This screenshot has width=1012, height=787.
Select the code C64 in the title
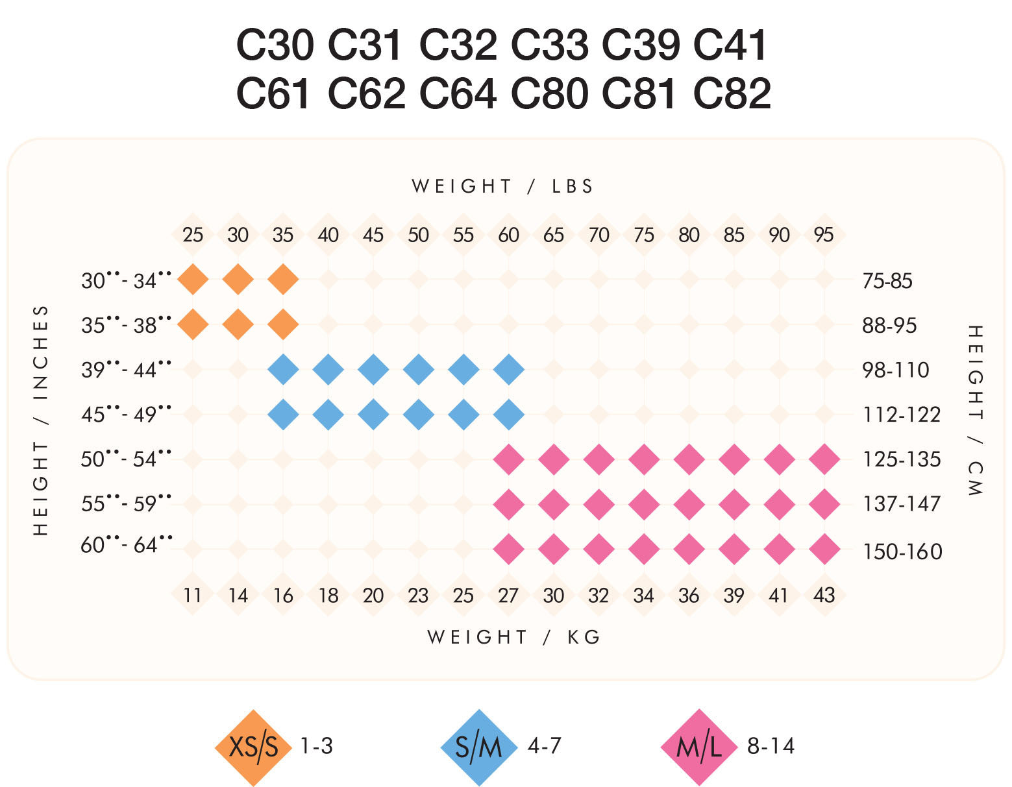click(x=458, y=93)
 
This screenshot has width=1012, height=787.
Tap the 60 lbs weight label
click(x=508, y=235)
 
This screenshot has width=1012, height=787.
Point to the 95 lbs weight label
click(x=824, y=235)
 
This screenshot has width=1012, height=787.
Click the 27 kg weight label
click(x=508, y=595)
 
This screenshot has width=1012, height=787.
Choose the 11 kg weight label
click(x=193, y=595)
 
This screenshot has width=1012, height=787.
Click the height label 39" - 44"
click(x=127, y=370)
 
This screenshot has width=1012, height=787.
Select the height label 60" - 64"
click(x=127, y=545)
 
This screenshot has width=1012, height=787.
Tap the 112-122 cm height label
click(x=901, y=414)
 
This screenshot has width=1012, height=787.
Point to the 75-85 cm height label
click(x=887, y=281)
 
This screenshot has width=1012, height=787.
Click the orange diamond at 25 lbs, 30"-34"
click(x=193, y=280)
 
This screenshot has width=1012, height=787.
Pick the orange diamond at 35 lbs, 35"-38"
click(x=283, y=324)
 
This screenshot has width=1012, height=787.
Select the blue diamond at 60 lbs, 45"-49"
click(x=508, y=414)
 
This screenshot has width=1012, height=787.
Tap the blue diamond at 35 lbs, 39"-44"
click(x=283, y=370)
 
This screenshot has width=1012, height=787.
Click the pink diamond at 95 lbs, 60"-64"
click(x=824, y=549)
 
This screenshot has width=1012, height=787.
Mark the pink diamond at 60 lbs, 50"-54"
click(x=508, y=459)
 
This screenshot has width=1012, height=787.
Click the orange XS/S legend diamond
click(x=253, y=747)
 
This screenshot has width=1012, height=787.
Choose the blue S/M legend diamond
click(x=479, y=747)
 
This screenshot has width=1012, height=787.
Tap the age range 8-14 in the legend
click(x=771, y=746)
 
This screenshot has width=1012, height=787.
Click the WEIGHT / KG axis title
click(x=513, y=637)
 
